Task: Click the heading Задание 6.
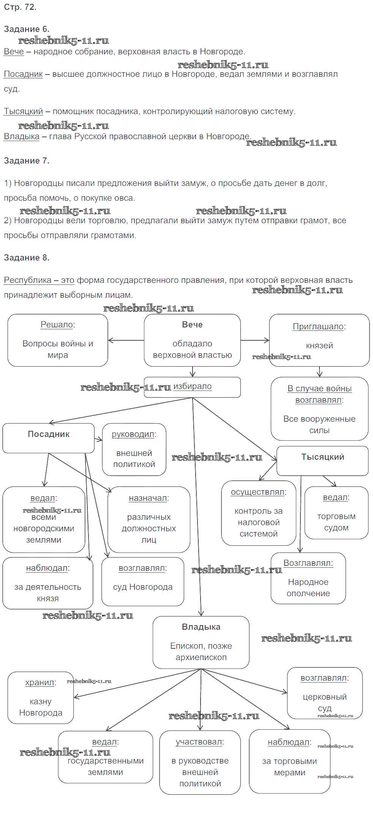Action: tap(27, 29)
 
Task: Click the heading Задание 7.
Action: tap(27, 161)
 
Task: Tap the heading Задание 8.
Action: tap(27, 258)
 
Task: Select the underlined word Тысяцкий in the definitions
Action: tap(23, 111)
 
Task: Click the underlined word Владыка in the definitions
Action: tap(22, 137)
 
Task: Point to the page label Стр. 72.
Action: tap(20, 7)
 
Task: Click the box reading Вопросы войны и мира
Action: tap(58, 340)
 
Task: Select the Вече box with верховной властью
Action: tap(192, 340)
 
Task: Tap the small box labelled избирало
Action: tap(192, 387)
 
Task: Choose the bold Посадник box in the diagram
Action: tap(49, 438)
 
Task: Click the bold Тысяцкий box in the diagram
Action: tap(322, 460)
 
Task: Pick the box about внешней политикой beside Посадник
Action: tap(134, 449)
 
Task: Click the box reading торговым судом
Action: tap(336, 513)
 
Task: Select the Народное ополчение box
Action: tap(308, 578)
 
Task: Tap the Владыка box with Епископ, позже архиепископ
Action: tap(201, 642)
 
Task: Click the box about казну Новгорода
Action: tap(41, 697)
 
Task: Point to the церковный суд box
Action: tap(325, 693)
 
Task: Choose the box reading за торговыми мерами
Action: tap(289, 761)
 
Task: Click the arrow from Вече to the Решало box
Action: tap(126, 340)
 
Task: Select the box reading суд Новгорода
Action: tap(143, 581)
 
